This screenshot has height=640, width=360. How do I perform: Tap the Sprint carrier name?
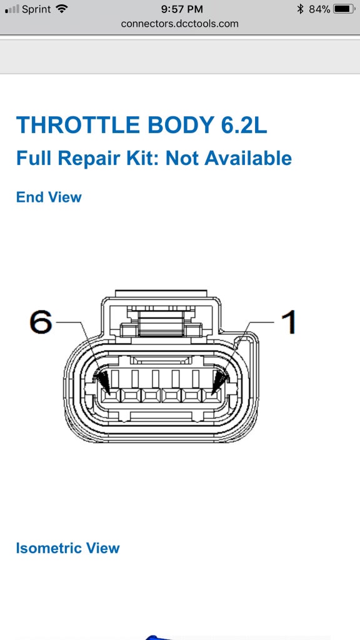coord(36,9)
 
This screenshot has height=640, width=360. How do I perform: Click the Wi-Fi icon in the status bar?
coord(62,9)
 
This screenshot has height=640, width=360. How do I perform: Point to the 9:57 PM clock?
coord(182,9)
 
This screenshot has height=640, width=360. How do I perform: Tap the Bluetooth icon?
coord(301,9)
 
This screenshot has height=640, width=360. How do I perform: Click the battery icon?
coord(344,9)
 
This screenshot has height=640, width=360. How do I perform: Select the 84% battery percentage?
coord(319,9)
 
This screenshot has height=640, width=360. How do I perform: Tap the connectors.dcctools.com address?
coord(179,24)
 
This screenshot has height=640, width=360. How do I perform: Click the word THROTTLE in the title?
coord(77,125)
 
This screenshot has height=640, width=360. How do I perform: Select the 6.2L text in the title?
coord(244,125)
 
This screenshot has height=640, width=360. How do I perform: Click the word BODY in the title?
coord(179,125)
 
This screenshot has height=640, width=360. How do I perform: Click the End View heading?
coord(49,197)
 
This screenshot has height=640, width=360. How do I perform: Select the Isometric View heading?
coord(67,547)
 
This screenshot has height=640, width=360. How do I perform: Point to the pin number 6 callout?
coord(41,322)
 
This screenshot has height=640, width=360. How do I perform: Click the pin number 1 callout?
coord(289,322)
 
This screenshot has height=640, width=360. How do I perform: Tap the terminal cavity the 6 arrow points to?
coord(110,395)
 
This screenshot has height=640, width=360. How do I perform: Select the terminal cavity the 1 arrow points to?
coord(212,395)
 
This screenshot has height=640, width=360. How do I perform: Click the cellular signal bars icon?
coord(12,9)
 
